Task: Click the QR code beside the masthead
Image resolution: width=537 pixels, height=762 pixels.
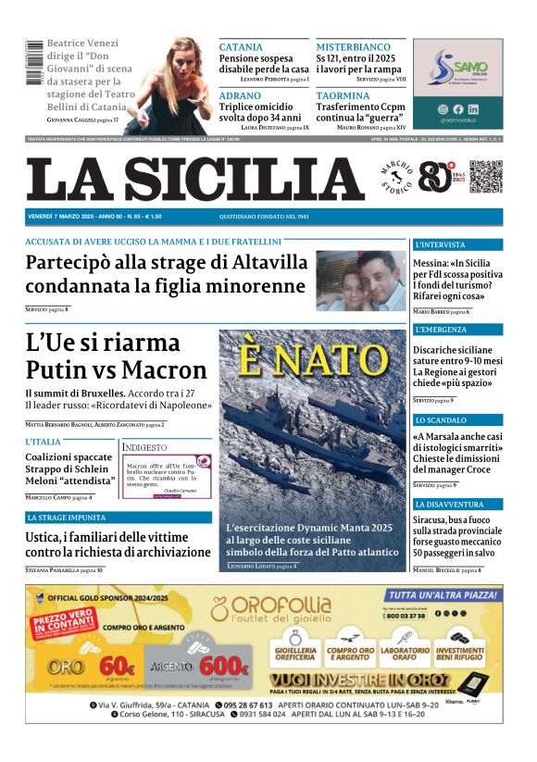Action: [x=485, y=177]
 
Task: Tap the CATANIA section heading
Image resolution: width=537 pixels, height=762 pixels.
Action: [x=241, y=47]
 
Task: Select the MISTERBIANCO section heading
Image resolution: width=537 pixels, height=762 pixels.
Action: [x=354, y=47]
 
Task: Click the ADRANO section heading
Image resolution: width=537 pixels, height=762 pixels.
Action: [x=240, y=95]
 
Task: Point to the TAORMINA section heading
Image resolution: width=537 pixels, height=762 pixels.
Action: [x=343, y=95]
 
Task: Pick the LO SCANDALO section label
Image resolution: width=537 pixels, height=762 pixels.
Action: [x=441, y=420]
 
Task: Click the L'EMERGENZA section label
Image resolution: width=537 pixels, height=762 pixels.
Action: [x=441, y=330]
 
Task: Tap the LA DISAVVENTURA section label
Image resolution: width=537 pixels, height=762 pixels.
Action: [x=449, y=505]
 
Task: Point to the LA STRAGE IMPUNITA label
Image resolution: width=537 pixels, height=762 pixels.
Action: [x=67, y=518]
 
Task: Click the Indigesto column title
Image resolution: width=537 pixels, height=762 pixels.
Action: [x=144, y=447]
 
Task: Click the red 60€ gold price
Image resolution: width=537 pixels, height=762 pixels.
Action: [x=117, y=664]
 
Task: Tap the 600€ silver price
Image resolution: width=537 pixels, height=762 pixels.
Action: [x=224, y=666]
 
